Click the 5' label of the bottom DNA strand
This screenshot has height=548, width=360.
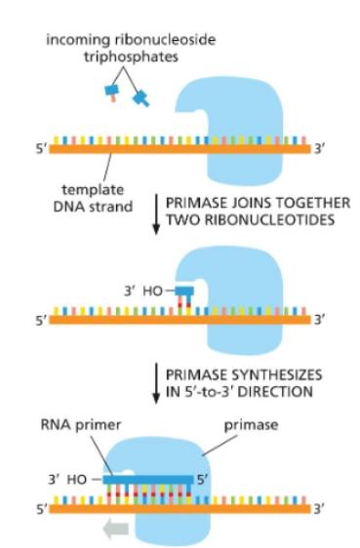tap(39, 508)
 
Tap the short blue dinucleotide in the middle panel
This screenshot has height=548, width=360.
tap(183, 291)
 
